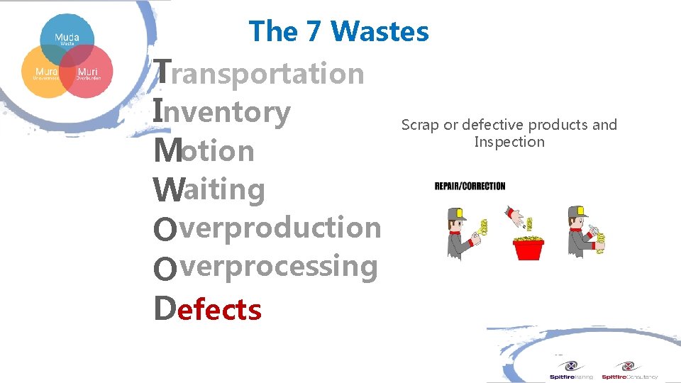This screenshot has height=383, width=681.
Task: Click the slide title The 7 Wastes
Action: click(339, 31)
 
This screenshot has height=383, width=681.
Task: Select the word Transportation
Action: click(260, 72)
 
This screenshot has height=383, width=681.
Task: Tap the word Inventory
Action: click(222, 111)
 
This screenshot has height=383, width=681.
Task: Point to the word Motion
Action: click(204, 150)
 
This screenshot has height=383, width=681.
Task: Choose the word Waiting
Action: click(209, 189)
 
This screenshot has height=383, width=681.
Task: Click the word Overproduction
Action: click(267, 228)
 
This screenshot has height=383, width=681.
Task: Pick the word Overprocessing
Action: click(266, 267)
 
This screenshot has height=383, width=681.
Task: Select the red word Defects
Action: click(208, 309)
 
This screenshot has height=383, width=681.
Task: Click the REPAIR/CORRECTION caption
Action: click(470, 187)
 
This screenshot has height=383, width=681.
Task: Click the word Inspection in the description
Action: click(509, 142)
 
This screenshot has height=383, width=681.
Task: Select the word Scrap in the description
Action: click(420, 125)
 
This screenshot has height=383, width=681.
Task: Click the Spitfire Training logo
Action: click(571, 371)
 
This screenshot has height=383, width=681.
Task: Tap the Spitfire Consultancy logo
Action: click(629, 371)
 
